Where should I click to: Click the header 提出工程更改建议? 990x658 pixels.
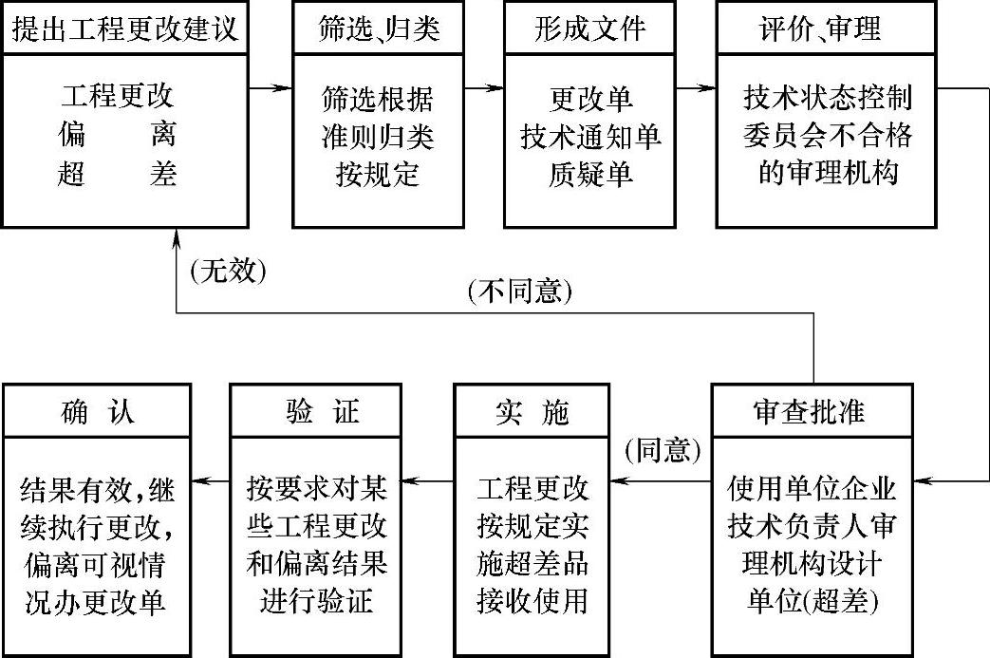coord(124,28)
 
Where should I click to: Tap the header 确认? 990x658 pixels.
coord(98,412)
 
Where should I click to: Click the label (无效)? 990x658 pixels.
coord(228,273)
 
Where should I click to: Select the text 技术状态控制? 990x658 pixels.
coord(827,100)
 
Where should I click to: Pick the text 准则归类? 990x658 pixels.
coord(379,137)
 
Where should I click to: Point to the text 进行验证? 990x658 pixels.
coord(317,600)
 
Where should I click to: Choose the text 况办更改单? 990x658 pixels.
coord(97,600)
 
